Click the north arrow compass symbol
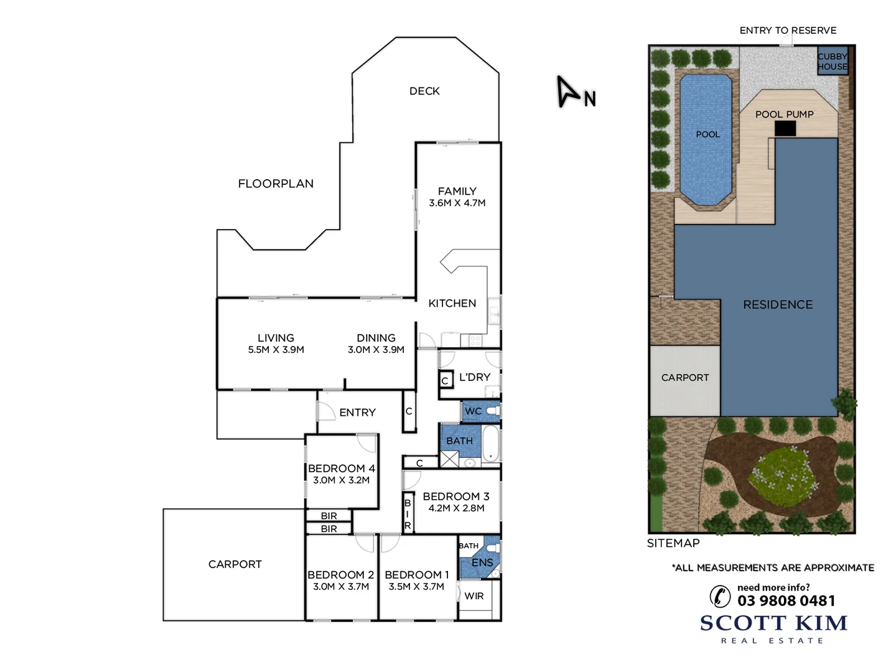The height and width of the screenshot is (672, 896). [567, 92]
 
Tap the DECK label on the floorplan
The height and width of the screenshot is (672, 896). [424, 91]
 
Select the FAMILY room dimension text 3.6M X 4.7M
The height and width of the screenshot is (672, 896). [457, 203]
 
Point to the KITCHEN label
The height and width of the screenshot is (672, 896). [452, 303]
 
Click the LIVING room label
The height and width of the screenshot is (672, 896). [276, 338]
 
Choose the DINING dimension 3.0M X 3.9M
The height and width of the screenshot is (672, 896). [376, 350]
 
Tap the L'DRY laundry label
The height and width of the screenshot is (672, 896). [475, 377]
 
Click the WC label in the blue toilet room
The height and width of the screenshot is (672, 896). [473, 411]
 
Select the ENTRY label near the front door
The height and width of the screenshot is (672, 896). [357, 413]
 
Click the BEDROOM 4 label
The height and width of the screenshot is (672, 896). [342, 469]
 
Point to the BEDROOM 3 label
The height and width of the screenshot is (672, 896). [456, 497]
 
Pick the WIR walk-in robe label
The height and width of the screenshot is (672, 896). [474, 596]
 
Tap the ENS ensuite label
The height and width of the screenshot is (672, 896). [482, 562]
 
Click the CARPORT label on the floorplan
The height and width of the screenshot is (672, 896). [235, 564]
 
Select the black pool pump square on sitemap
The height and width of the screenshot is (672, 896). [785, 128]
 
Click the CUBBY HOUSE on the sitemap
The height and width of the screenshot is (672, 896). [833, 62]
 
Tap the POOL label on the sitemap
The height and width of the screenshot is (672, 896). [708, 134]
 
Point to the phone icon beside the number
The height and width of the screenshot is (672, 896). [721, 596]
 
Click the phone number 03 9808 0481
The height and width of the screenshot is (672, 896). [786, 600]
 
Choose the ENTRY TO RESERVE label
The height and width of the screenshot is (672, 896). [788, 30]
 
